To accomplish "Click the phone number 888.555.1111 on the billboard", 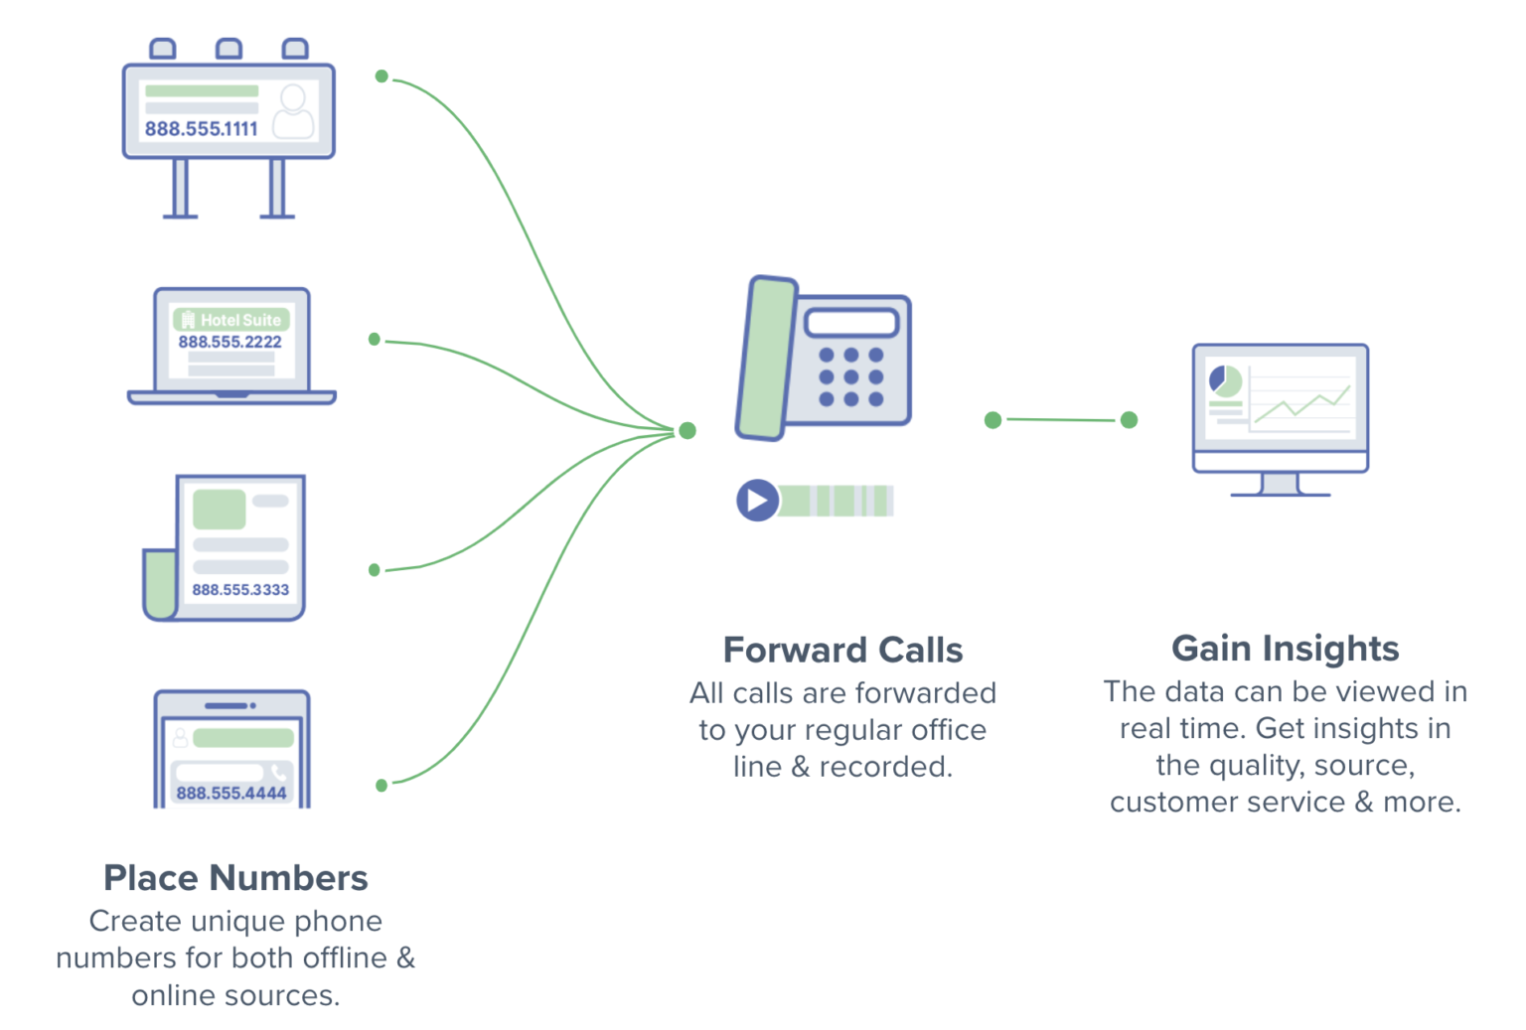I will coord(201,128).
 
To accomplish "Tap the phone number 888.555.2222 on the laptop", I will coord(229,342).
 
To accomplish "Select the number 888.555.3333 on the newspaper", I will coord(240,589).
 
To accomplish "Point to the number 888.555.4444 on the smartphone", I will coord(231,793).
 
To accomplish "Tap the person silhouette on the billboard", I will coord(293,111).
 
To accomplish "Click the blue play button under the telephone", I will coord(757,500).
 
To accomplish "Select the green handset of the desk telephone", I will coord(766,359).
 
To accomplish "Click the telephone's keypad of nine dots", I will coord(850,377).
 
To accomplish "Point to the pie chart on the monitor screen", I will coord(1224,380).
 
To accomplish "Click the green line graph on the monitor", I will coord(1301,403).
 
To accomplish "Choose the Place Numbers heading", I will coord(235,878).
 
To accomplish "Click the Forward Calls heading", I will coord(842,650).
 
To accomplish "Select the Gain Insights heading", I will coord(1285,648).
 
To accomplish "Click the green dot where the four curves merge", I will coord(687,430).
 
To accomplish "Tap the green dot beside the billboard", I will coord(381,76).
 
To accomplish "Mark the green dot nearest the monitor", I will coord(1129,420).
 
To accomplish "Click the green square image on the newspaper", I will coord(220,510).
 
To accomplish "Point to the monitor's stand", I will coord(1280,484).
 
